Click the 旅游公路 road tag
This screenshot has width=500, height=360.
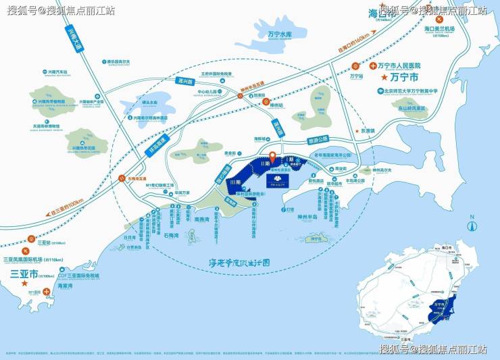click(x=318, y=139)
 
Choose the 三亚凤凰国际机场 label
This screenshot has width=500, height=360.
click(x=23, y=260)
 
